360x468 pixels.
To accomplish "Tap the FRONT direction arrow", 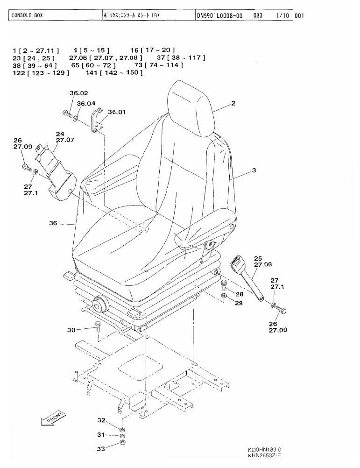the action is pyautogui.click(x=54, y=418).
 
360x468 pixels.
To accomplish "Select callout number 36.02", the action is pyautogui.click(x=79, y=93).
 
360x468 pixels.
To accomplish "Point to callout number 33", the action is pyautogui.click(x=101, y=448).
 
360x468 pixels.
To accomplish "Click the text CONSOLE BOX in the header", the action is pyautogui.click(x=27, y=15).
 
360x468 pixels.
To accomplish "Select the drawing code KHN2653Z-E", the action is pyautogui.click(x=264, y=455).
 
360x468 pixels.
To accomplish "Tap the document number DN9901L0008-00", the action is pyautogui.click(x=219, y=15).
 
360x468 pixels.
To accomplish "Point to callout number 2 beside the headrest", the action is pyautogui.click(x=233, y=103).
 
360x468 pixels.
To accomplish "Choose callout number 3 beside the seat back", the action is pyautogui.click(x=254, y=170).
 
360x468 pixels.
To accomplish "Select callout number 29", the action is pyautogui.click(x=239, y=303).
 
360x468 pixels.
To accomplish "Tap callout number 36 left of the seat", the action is pyautogui.click(x=53, y=223).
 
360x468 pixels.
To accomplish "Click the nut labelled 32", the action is pyautogui.click(x=121, y=430).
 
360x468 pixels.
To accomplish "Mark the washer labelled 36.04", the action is pyautogui.click(x=76, y=119).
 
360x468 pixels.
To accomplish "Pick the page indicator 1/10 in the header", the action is pyautogui.click(x=282, y=15).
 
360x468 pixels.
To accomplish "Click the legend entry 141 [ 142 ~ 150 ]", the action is pyautogui.click(x=114, y=72).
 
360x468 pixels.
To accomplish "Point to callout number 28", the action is pyautogui.click(x=240, y=294).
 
